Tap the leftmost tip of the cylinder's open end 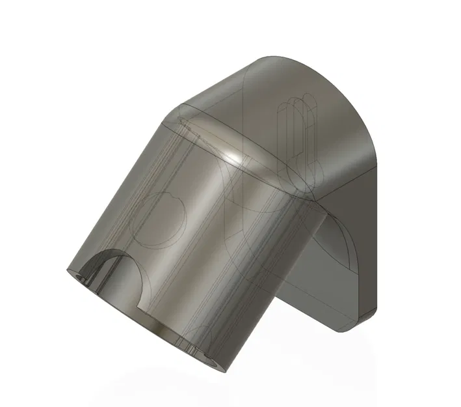coord(66,270)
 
